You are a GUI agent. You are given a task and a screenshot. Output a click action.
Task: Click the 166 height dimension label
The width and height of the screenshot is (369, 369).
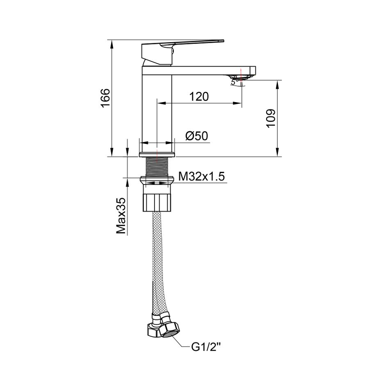(105, 98)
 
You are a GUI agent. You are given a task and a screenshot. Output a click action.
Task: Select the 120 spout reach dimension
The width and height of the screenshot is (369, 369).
(199, 96)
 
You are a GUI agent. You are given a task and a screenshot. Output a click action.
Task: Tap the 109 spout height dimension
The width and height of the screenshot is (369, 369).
(271, 118)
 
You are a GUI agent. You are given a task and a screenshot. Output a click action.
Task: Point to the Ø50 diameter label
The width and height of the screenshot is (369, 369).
(197, 136)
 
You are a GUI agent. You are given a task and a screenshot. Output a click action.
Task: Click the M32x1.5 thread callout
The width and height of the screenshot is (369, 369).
(202, 176)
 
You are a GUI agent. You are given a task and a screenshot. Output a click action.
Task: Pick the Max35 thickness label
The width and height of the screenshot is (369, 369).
(121, 216)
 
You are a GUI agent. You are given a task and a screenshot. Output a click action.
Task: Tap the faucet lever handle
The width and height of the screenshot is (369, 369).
(182, 52)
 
